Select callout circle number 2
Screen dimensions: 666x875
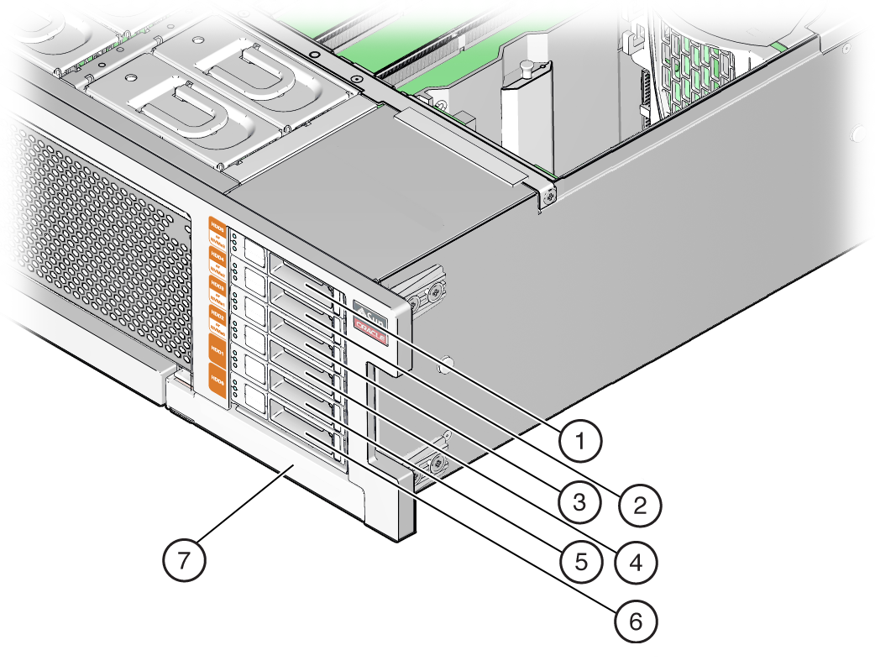pyautogui.click(x=640, y=505)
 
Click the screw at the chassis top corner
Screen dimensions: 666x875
pyautogui.click(x=548, y=195)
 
